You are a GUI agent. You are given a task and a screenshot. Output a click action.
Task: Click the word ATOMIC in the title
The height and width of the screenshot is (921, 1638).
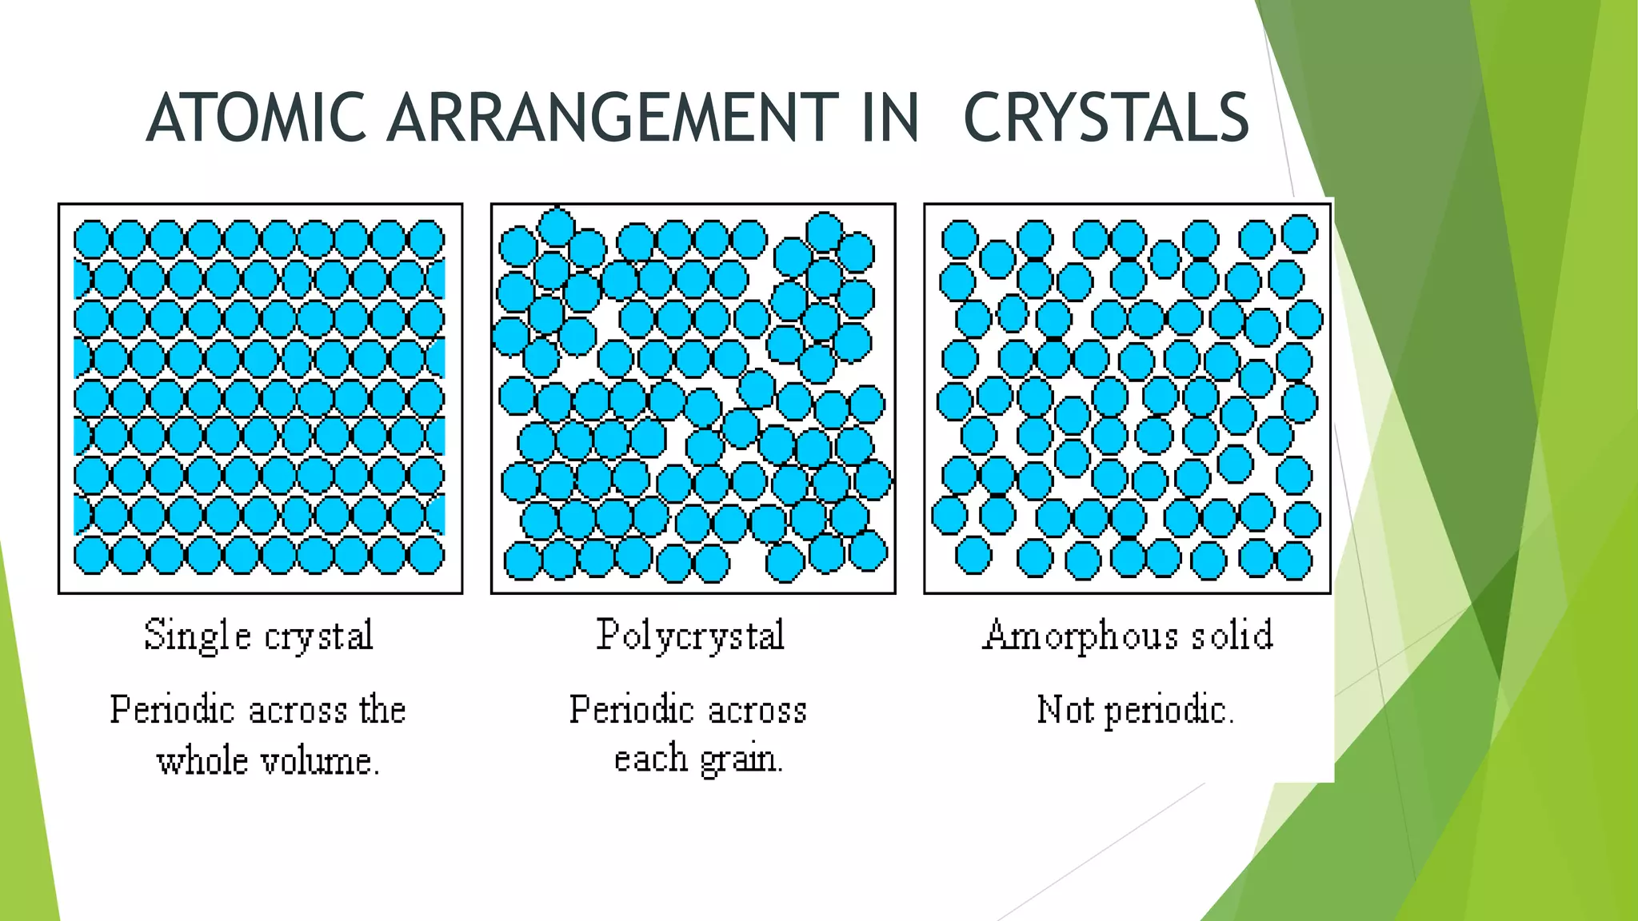[256, 118]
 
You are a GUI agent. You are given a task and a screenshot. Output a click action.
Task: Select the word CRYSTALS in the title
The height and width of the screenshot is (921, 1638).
[1106, 118]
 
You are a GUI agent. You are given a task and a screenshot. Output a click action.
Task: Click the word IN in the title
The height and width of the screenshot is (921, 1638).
[890, 118]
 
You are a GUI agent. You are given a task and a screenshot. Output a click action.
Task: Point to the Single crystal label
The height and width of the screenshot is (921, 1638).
[258, 636]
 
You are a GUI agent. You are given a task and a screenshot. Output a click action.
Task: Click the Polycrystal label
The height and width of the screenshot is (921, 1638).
[690, 636]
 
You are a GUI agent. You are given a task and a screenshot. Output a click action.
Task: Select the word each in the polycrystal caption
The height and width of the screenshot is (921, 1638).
[650, 758]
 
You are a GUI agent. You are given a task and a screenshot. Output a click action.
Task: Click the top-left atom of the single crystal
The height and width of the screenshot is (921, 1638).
[91, 239]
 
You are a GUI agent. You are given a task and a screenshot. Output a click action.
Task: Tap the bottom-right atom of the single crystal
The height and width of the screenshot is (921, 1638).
[426, 556]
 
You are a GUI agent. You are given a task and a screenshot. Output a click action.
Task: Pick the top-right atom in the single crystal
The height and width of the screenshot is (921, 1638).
[426, 239]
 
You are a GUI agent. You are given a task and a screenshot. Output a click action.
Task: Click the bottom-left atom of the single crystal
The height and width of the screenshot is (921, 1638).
[91, 556]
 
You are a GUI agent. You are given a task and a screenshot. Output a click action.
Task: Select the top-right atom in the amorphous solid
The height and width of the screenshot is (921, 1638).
[1300, 233]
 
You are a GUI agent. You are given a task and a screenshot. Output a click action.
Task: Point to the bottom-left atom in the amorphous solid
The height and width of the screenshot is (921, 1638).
[973, 556]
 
